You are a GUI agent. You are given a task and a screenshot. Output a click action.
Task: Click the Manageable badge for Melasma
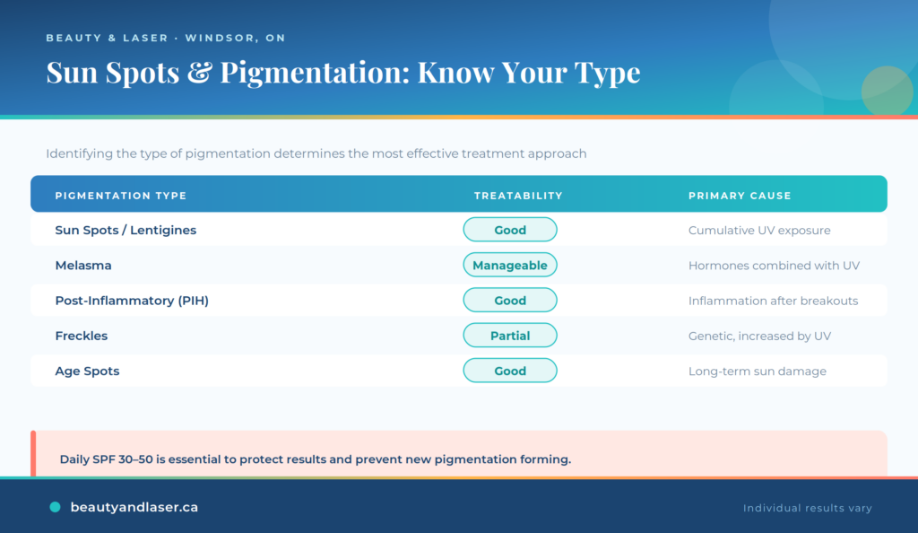click(x=510, y=266)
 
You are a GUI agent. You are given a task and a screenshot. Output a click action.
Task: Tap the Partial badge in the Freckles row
click(x=510, y=336)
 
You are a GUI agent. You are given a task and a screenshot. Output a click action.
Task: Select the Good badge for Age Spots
click(x=510, y=371)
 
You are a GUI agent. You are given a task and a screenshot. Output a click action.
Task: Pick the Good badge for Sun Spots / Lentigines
click(x=510, y=231)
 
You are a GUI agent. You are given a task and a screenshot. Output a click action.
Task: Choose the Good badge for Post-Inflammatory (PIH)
click(x=510, y=301)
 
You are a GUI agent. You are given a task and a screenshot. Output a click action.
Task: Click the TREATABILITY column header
click(x=518, y=196)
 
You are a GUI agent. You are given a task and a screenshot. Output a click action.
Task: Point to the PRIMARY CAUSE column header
click(x=740, y=196)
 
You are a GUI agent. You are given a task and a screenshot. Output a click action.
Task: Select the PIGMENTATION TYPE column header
click(x=121, y=196)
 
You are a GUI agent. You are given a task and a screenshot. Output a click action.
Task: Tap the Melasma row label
click(x=83, y=266)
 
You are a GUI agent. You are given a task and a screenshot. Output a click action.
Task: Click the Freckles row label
click(x=82, y=336)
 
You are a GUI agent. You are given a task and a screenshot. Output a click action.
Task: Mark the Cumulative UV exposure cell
click(x=759, y=231)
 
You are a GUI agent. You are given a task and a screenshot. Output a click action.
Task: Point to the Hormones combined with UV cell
click(x=774, y=266)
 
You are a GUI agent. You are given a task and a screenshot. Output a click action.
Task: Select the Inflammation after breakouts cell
click(x=773, y=301)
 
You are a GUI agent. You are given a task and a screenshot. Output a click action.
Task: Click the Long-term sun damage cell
click(x=757, y=371)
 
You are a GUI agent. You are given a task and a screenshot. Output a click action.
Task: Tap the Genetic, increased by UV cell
click(x=759, y=336)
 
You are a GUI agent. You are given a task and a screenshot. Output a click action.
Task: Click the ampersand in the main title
click(x=200, y=73)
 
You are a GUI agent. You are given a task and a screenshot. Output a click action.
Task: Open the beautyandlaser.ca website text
click(x=134, y=507)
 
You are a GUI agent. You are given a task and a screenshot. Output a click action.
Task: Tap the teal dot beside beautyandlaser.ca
click(x=55, y=507)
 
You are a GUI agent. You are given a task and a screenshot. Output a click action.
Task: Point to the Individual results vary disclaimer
click(x=808, y=508)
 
